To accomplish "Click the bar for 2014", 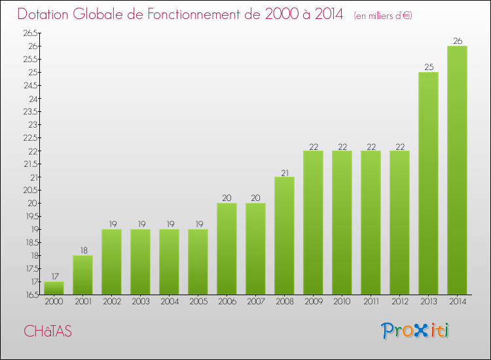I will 457,170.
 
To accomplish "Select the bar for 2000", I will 54,288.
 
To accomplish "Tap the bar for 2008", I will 284,236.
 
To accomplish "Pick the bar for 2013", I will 428,183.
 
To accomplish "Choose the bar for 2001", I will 82,275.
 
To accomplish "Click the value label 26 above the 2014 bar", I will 457,41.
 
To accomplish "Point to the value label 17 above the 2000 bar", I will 54,276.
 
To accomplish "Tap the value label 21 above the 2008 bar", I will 284,172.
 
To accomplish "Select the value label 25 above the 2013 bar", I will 428,67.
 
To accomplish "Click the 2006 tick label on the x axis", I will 227,302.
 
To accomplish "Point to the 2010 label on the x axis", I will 342,302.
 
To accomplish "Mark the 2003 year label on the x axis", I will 140,302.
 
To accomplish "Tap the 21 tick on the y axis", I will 33,177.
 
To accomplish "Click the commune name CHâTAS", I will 48,331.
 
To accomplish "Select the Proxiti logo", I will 415,331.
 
